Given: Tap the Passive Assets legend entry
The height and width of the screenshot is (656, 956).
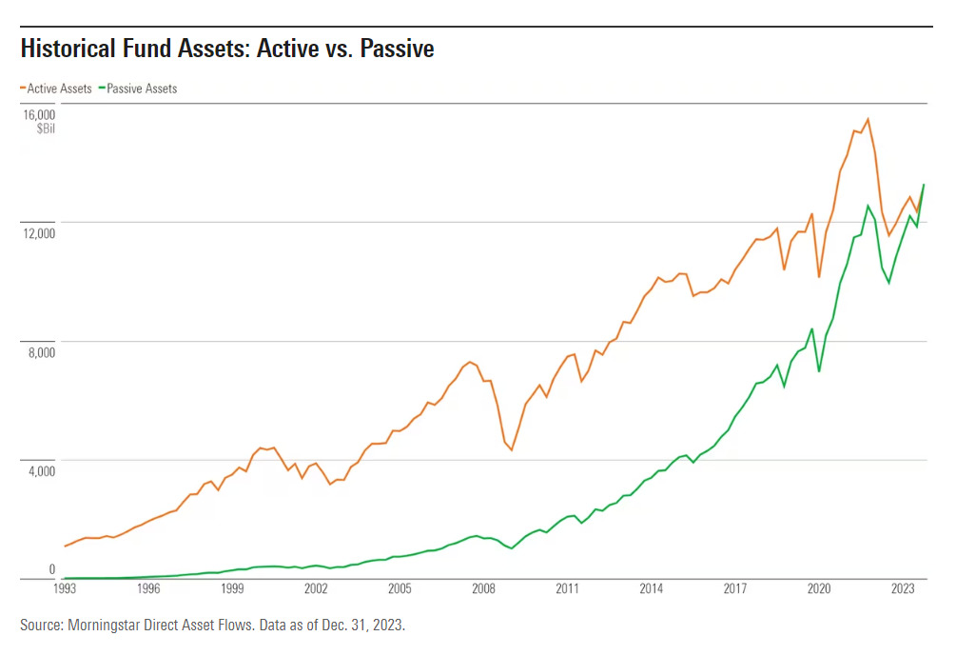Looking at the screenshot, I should pyautogui.click(x=141, y=89).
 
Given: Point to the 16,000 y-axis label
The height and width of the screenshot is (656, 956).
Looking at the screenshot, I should pyautogui.click(x=38, y=114).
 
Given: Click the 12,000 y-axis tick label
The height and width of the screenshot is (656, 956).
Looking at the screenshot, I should pyautogui.click(x=38, y=233).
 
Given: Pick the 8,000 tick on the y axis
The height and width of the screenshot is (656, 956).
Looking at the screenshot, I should pyautogui.click(x=41, y=352).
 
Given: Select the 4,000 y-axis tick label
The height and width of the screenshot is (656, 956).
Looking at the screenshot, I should pyautogui.click(x=41, y=471).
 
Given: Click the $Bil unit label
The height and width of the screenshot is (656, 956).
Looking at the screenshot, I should pyautogui.click(x=46, y=129).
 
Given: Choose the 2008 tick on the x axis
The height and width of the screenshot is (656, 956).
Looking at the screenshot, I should pyautogui.click(x=483, y=589).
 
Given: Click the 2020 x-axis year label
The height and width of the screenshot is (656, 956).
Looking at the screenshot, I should pyautogui.click(x=819, y=589).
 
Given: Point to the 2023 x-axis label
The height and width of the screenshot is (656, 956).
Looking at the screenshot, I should pyautogui.click(x=903, y=589).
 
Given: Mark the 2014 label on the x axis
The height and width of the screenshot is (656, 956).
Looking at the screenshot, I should pyautogui.click(x=652, y=589).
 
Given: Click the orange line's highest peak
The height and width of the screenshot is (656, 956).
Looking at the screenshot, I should pyautogui.click(x=868, y=119).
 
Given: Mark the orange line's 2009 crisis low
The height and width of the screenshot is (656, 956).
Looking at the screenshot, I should pyautogui.click(x=512, y=449).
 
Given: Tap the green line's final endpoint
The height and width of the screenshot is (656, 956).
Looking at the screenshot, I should pyautogui.click(x=924, y=185).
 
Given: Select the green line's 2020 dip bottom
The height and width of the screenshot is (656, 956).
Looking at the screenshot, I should pyautogui.click(x=819, y=370).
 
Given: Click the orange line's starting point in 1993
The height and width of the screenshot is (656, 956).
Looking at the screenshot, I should pyautogui.click(x=64, y=547).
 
